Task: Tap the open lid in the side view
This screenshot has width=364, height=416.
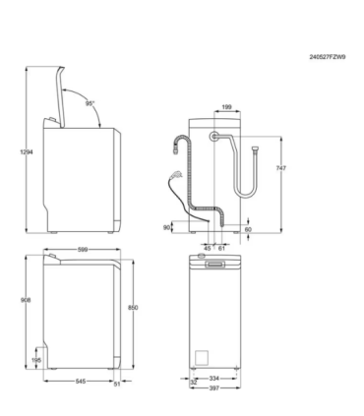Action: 65,91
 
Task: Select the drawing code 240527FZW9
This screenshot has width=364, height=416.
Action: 327,57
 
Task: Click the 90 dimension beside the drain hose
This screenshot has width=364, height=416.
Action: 167,227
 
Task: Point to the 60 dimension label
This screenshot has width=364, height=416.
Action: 247,229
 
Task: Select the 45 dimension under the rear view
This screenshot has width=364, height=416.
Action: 208,249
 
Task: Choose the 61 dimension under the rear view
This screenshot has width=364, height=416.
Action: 222,249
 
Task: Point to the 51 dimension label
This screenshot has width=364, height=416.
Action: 116,383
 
